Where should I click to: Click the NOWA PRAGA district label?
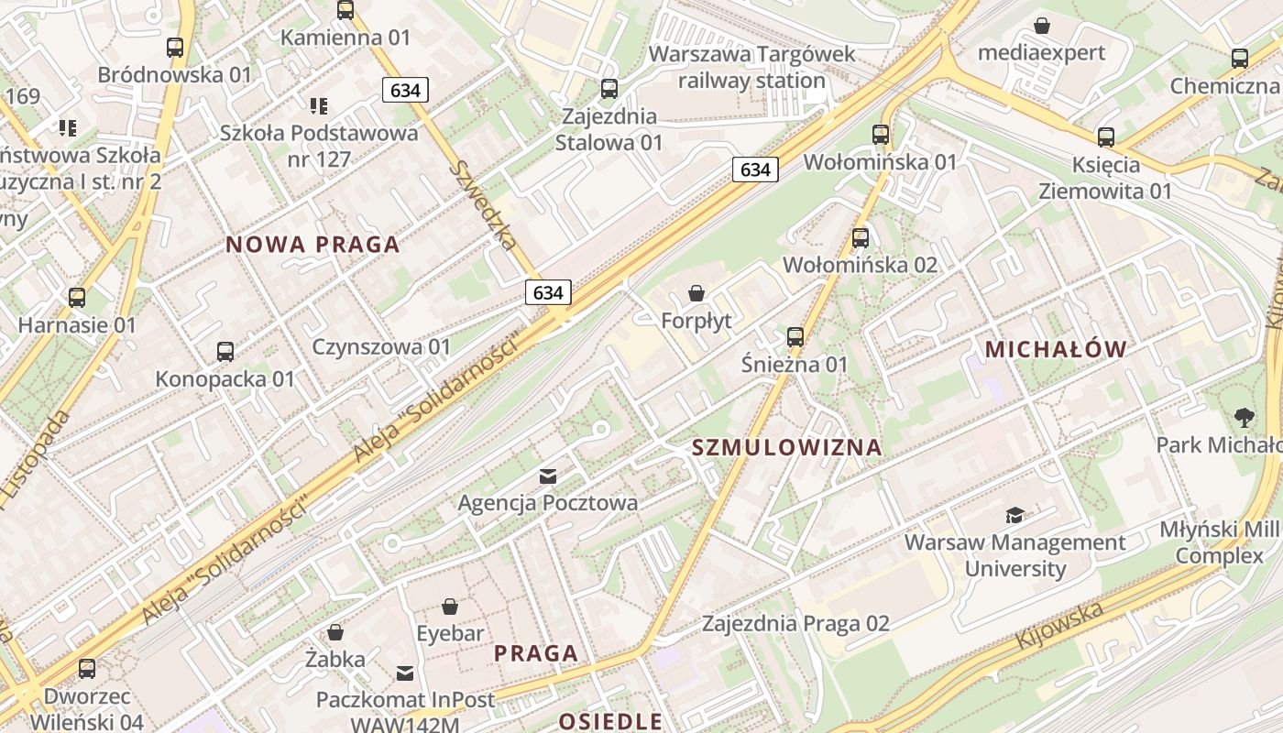tap(313, 245)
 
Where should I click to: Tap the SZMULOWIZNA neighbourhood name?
tap(786, 447)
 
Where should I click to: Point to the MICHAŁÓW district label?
tap(1056, 349)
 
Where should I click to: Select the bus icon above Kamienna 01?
tap(345, 10)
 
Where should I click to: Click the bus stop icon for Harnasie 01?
tap(77, 297)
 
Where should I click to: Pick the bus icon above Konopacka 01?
tap(225, 351)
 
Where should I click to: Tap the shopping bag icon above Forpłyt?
tap(696, 293)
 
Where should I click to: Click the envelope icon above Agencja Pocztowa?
tap(548, 476)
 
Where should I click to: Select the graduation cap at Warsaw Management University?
tap(1014, 515)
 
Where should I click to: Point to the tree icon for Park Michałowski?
tap(1245, 418)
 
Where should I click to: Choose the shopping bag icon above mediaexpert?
tap(1042, 26)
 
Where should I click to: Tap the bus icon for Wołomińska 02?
tap(861, 238)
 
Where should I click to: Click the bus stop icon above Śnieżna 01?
tap(795, 337)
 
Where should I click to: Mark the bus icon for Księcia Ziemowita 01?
tap(1106, 137)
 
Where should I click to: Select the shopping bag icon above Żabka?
tap(335, 632)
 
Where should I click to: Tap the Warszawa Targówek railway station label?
tap(751, 67)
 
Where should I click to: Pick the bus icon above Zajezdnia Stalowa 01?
tap(609, 89)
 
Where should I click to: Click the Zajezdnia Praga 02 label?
tap(795, 624)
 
